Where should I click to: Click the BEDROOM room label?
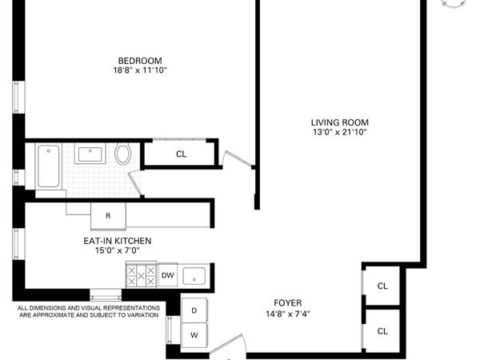pyautogui.click(x=140, y=61)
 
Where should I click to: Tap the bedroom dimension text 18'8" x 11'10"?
pyautogui.click(x=140, y=70)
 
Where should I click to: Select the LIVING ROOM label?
pyautogui.click(x=340, y=122)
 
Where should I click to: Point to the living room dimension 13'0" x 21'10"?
pyautogui.click(x=340, y=132)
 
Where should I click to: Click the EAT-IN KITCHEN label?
pyautogui.click(x=118, y=241)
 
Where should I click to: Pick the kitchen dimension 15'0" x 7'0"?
pyautogui.click(x=118, y=250)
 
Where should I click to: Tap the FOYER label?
pyautogui.click(x=287, y=303)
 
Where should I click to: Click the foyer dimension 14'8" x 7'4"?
pyautogui.click(x=287, y=314)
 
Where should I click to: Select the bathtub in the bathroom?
pyautogui.click(x=49, y=166)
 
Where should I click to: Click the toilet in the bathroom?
pyautogui.click(x=123, y=154)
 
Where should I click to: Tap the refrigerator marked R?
pyautogui.click(x=107, y=216)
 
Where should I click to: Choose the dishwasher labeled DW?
pyautogui.click(x=167, y=276)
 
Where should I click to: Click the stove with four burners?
pyautogui.click(x=141, y=276)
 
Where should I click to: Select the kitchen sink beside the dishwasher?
pyautogui.click(x=194, y=277)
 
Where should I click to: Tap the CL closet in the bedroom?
pyautogui.click(x=181, y=154)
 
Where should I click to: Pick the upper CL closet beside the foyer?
pyautogui.click(x=382, y=286)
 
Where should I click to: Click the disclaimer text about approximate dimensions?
pyautogui.click(x=88, y=311)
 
